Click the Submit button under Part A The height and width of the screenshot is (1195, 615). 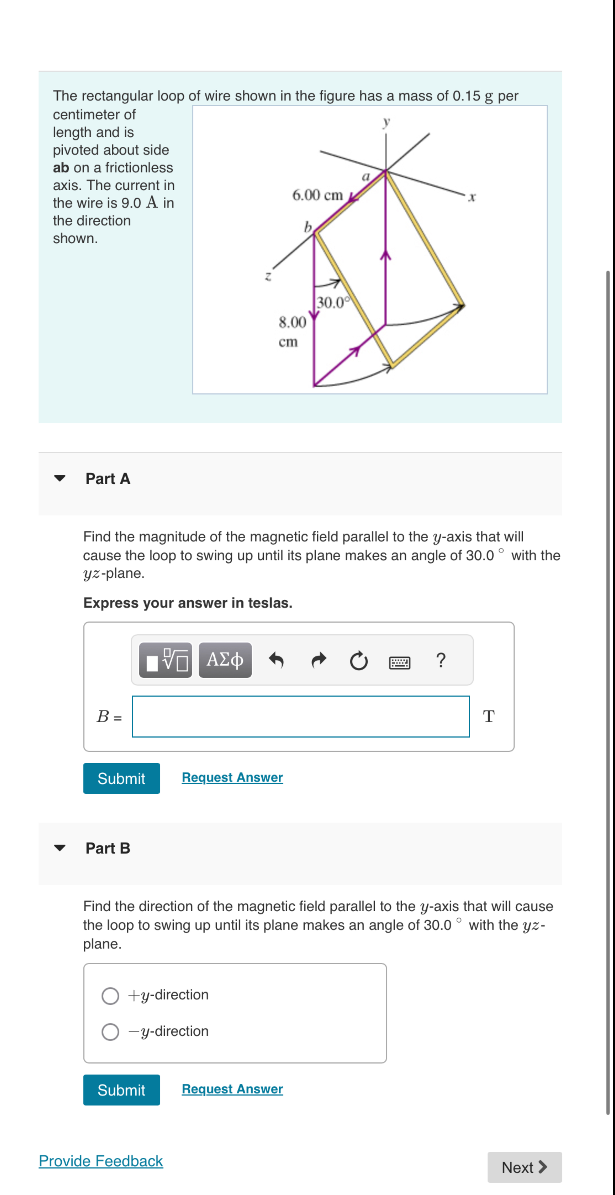(122, 778)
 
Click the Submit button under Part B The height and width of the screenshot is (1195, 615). (122, 1090)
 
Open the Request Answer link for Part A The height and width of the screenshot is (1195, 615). (232, 777)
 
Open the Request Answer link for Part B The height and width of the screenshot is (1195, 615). (232, 1089)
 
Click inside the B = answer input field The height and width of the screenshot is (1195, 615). (300, 716)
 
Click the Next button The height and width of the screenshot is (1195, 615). (524, 1167)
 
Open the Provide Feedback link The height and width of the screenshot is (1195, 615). (101, 1161)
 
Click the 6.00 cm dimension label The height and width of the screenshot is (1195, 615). (317, 195)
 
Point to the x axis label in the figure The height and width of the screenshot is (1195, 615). (472, 198)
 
